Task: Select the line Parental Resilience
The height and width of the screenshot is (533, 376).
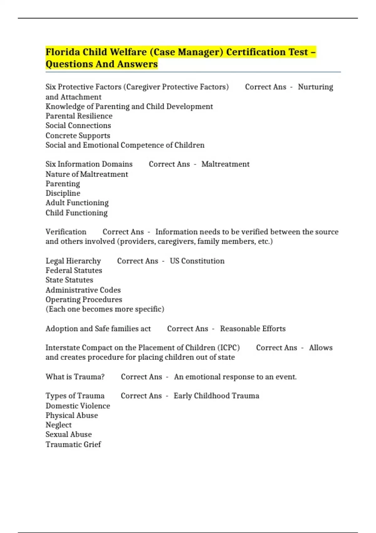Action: point(79,116)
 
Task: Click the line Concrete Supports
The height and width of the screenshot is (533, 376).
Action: point(78,135)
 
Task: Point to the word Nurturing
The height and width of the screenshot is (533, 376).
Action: point(315,87)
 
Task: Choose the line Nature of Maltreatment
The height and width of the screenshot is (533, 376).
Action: point(87,174)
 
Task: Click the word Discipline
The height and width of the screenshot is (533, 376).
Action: point(63,193)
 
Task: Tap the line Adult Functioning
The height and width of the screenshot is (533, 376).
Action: point(77,203)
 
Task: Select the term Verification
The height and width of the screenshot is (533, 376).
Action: point(66,232)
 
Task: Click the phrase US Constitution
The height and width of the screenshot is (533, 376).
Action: point(197,261)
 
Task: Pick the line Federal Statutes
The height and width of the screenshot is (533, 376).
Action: point(74,270)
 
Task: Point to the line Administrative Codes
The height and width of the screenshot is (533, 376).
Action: point(83,290)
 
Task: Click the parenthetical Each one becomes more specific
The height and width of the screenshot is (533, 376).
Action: point(105,309)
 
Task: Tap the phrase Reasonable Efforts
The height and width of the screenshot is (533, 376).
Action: point(253,329)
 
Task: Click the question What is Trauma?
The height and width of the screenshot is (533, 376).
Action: point(75,377)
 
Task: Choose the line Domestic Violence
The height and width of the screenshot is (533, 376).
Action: point(78,406)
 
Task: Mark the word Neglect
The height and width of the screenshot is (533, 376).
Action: point(59,425)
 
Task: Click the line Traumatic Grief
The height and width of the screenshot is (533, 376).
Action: point(73,444)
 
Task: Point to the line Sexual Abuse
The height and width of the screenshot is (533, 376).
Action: point(69,434)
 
